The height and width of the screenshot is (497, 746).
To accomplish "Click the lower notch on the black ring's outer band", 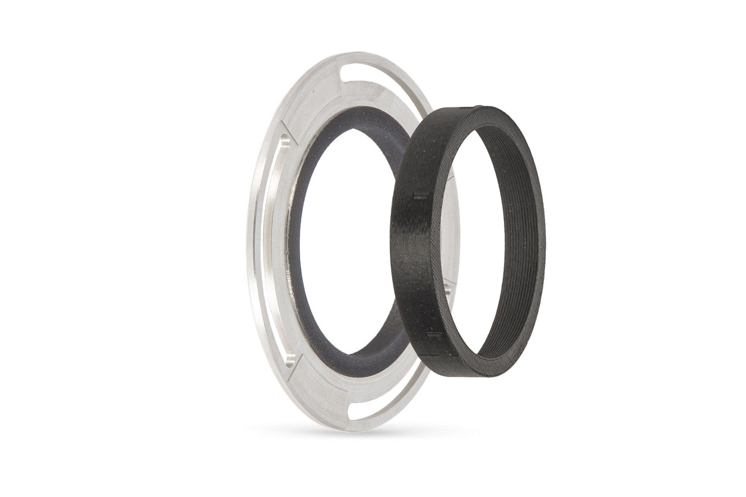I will [434, 335].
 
